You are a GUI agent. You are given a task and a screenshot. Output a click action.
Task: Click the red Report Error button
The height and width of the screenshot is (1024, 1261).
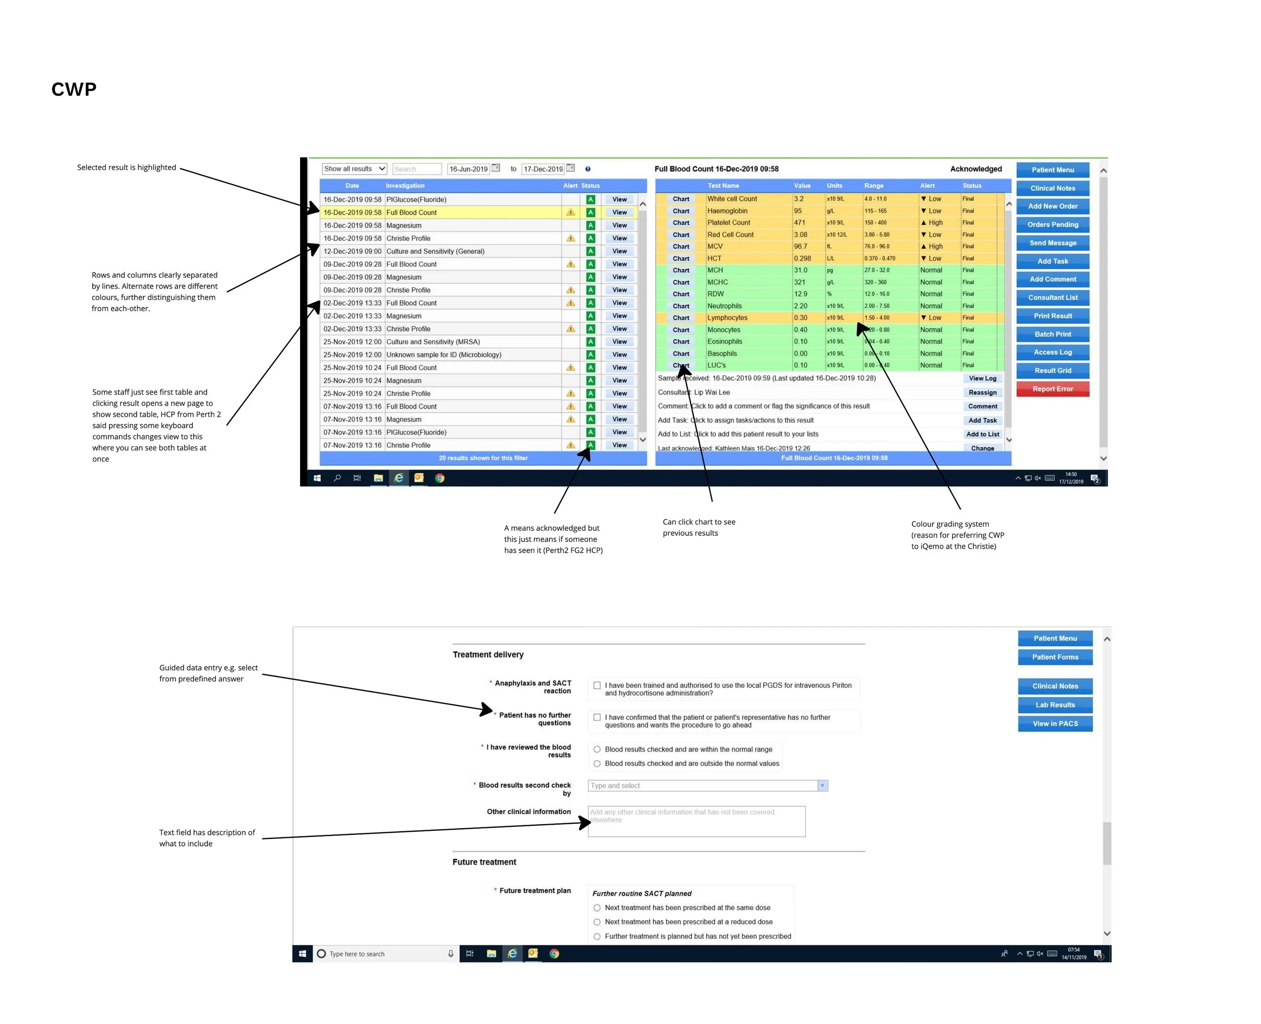point(1052,389)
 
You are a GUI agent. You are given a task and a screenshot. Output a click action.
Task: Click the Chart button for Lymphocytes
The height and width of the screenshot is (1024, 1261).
point(680,318)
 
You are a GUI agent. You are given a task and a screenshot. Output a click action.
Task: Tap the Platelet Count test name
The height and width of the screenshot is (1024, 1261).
point(728,222)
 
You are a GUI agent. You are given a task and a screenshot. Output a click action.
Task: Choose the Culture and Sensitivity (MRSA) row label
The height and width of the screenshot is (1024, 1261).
point(433,342)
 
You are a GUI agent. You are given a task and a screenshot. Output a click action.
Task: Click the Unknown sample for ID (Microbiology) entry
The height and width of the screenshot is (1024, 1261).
point(443,355)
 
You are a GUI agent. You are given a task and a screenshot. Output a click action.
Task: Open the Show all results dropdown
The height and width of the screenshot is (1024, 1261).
point(354,168)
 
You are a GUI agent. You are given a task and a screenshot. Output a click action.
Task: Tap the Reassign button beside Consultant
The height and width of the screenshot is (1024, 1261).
point(982,392)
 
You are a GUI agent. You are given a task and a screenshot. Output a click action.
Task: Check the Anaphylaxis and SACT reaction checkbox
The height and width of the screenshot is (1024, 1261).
point(597,686)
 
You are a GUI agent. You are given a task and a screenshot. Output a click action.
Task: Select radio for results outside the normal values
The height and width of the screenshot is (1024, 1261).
point(597,763)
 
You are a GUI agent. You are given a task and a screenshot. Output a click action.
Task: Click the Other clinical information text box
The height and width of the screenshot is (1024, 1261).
point(696,822)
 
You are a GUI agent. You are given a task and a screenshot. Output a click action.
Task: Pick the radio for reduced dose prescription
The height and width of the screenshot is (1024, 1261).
point(597,922)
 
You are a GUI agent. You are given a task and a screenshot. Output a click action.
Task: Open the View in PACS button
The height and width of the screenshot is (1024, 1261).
point(1055,724)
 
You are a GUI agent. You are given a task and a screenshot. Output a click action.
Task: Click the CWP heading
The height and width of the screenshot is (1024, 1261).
point(74,89)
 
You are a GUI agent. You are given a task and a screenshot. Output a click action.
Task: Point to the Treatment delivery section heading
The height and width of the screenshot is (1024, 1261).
point(488,655)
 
